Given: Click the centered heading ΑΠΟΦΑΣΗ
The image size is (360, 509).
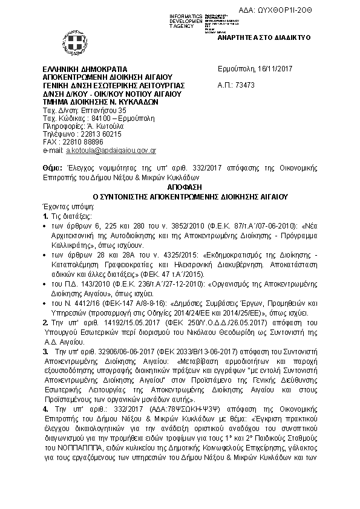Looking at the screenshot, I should [x=180, y=189].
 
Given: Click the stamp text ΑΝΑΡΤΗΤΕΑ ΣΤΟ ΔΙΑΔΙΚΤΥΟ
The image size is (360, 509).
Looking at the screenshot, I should [x=264, y=37].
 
